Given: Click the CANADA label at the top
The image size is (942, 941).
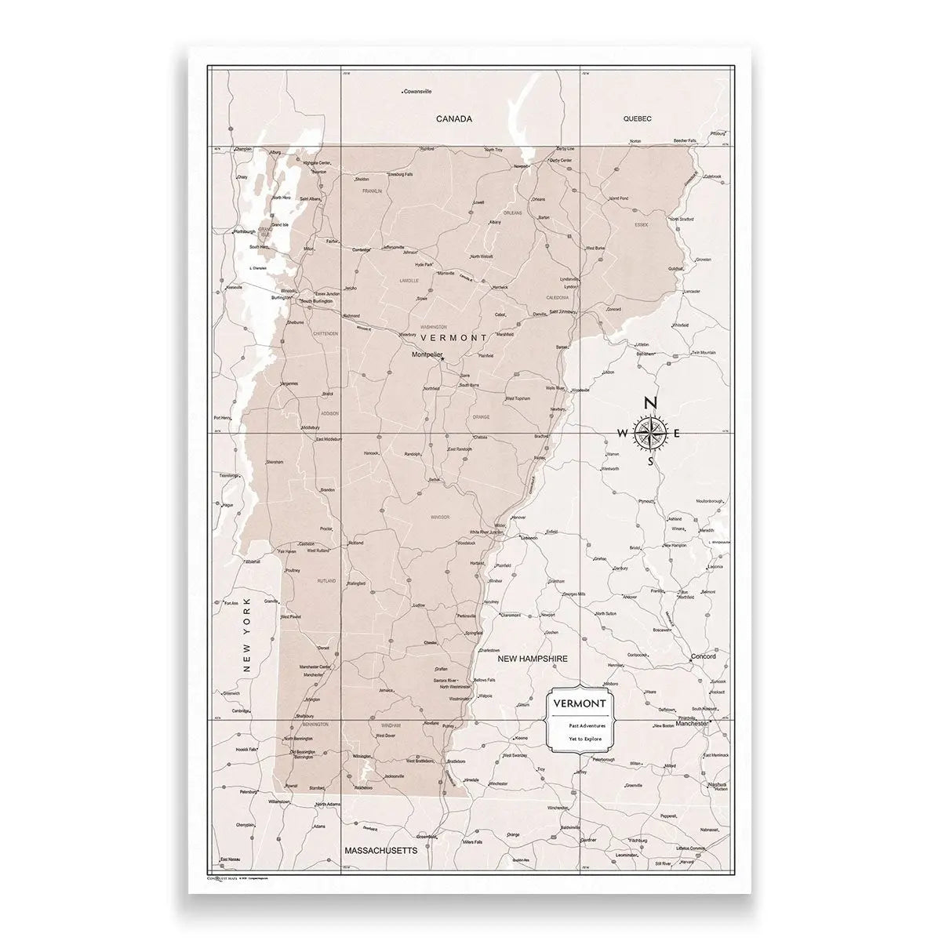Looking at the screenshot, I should point(453,119).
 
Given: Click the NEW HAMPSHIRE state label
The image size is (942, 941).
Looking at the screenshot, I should point(533,659).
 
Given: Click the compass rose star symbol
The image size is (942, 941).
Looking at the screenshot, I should point(650,432).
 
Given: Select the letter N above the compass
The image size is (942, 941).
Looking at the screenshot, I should point(650,403).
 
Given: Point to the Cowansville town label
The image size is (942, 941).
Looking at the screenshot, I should point(417,92).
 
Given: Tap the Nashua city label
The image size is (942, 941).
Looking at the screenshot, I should point(716,784).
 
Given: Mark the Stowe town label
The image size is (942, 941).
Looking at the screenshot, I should point(422,299).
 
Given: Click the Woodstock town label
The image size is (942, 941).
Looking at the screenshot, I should point(467,543).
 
